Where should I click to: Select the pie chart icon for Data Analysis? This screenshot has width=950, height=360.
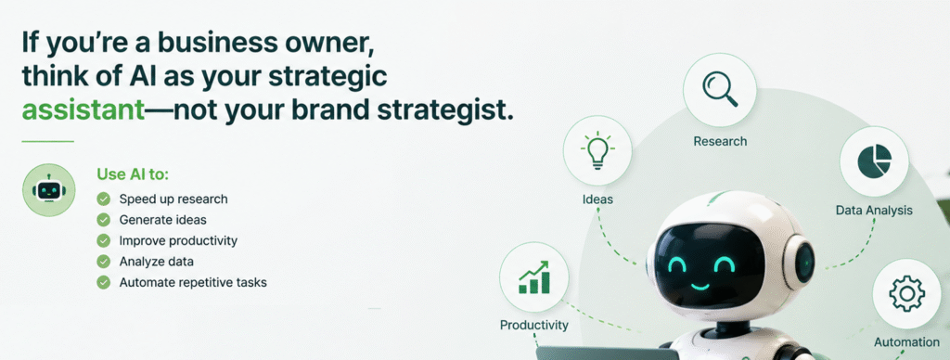pyautogui.click(x=874, y=161)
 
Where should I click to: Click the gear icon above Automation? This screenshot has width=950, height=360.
pyautogui.click(x=906, y=294)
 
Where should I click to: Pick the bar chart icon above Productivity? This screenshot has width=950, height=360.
pyautogui.click(x=533, y=277)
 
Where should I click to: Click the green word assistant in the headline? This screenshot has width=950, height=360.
pyautogui.click(x=83, y=110)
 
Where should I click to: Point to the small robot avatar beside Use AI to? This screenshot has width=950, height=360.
pyautogui.click(x=49, y=189)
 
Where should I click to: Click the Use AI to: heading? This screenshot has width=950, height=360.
pyautogui.click(x=133, y=174)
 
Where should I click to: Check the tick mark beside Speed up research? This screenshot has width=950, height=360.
pyautogui.click(x=104, y=199)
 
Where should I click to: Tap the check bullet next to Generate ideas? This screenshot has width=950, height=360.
pyautogui.click(x=104, y=219)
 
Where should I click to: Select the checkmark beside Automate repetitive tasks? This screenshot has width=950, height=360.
pyautogui.click(x=104, y=282)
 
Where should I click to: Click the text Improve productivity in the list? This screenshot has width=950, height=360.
pyautogui.click(x=178, y=240)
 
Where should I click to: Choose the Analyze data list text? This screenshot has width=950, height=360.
pyautogui.click(x=156, y=262)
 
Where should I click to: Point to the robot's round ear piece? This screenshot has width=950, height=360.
pyautogui.click(x=800, y=262)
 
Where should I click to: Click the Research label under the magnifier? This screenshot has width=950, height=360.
pyautogui.click(x=720, y=141)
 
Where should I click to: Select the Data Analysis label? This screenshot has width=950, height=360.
pyautogui.click(x=874, y=211)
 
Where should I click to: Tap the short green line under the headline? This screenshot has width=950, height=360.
pyautogui.click(x=48, y=141)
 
